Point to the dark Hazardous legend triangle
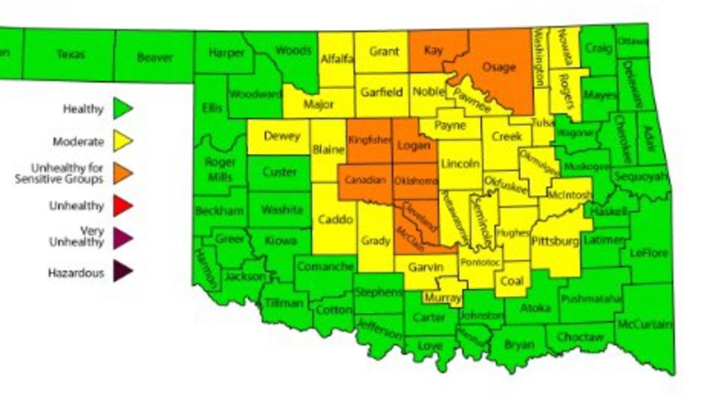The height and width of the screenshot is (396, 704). coord(123,272)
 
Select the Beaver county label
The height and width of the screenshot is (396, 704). coord(155,57)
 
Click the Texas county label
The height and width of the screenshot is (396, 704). coord(71,54)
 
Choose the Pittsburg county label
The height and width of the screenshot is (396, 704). coord(555,242)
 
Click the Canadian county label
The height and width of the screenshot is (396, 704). coord(365,180)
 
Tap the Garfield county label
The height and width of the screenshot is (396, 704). coord(381,92)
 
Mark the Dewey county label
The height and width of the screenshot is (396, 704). coord(281,136)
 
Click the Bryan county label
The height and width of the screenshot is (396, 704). coord(518,345)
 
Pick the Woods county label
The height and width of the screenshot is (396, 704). coord(293,51)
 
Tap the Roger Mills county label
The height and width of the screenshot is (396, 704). coord(220,170)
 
